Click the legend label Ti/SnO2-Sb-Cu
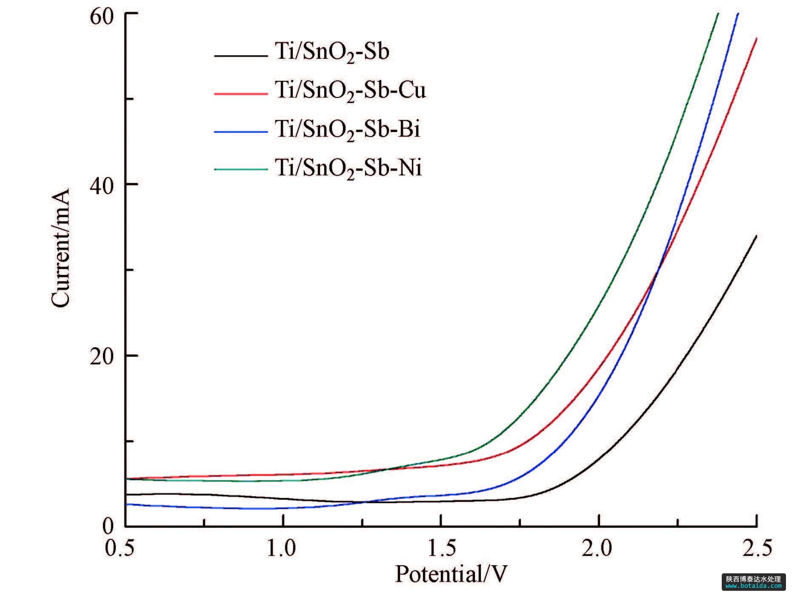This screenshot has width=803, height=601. [350, 91]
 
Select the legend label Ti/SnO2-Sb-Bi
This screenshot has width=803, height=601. [347, 129]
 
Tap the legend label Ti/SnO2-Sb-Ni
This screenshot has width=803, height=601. [348, 168]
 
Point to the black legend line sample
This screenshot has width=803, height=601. [240, 55]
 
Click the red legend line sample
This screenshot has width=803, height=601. [240, 93]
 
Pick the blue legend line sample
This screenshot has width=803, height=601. [240, 132]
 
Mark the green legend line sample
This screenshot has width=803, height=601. [240, 170]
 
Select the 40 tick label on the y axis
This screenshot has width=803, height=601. [102, 186]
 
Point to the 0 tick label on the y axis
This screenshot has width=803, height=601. [108, 527]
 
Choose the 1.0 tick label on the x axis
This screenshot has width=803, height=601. [281, 549]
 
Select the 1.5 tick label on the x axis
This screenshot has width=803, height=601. [441, 549]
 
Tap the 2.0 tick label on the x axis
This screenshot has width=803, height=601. [597, 549]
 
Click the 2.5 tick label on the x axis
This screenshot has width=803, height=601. [756, 549]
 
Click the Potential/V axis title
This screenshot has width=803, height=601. [451, 575]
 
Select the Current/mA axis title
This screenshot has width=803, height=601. [60, 248]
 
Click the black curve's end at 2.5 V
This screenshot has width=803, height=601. [756, 236]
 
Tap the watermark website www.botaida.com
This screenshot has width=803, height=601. [754, 586]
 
